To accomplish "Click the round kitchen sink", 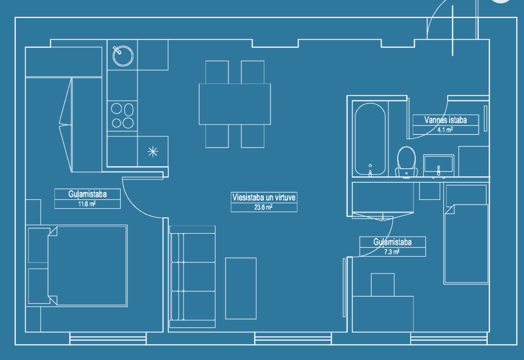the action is point(123,56).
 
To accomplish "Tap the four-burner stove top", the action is point(123,115).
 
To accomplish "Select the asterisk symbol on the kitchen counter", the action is point(153,152).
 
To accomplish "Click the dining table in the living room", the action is point(235,104).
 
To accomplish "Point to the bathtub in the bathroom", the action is point(370,139).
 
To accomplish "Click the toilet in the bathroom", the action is point(406,162).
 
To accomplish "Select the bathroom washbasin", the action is point(438,165).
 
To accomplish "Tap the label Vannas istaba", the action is point(445,120).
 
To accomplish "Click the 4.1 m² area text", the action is point(445,130).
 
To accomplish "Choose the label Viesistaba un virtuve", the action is point(264,197).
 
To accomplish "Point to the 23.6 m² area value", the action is point(263,207).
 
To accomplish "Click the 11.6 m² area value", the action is point(87,204).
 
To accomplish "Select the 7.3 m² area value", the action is point(392,252).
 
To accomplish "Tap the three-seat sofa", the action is point(192,277).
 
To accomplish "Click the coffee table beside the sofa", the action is point(241,288).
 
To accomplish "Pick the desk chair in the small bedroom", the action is point(383,285).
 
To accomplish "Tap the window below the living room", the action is point(293,338).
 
